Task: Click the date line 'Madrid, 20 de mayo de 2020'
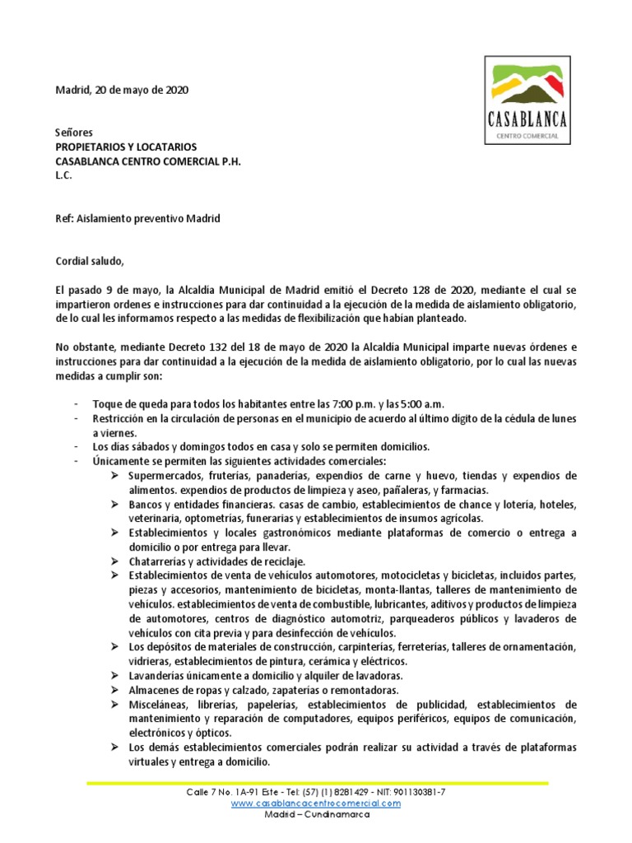tap(122, 91)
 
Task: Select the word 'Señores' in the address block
tap(74, 132)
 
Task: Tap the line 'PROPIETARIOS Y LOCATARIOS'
tap(126, 147)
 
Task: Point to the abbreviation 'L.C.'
tap(63, 175)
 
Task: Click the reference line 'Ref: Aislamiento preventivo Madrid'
tap(137, 218)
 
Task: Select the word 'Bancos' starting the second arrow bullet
tap(146, 505)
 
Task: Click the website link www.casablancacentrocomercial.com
tap(316, 803)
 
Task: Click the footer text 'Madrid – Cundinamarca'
tap(317, 814)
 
